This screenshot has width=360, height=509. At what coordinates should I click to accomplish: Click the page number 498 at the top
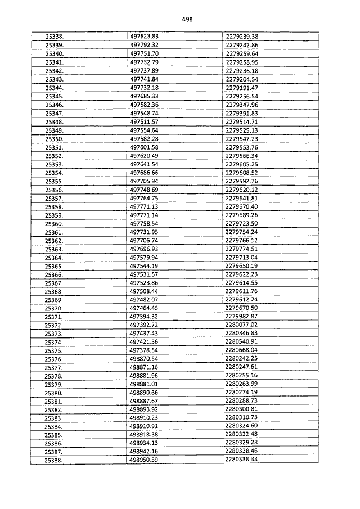[x=187, y=19]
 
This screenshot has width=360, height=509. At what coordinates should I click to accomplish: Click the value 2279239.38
[x=241, y=36]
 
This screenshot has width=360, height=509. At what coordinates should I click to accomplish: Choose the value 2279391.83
[x=241, y=113]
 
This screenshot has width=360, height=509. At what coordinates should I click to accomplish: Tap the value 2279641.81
[x=241, y=198]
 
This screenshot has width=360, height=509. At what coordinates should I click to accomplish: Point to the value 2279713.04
[x=241, y=257]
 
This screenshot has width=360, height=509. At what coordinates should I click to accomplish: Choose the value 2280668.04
[x=241, y=350]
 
